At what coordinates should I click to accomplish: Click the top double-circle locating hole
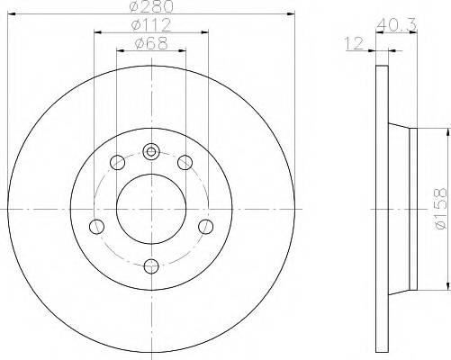pos(151,151)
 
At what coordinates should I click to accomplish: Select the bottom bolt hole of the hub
pos(151,265)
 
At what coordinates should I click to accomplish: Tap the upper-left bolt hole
pos(118,163)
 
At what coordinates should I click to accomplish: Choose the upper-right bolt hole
pos(185,163)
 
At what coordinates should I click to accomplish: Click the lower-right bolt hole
pos(205,226)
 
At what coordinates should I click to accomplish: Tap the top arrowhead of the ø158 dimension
pos(443,132)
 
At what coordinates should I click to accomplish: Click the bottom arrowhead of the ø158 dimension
pos(443,287)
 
